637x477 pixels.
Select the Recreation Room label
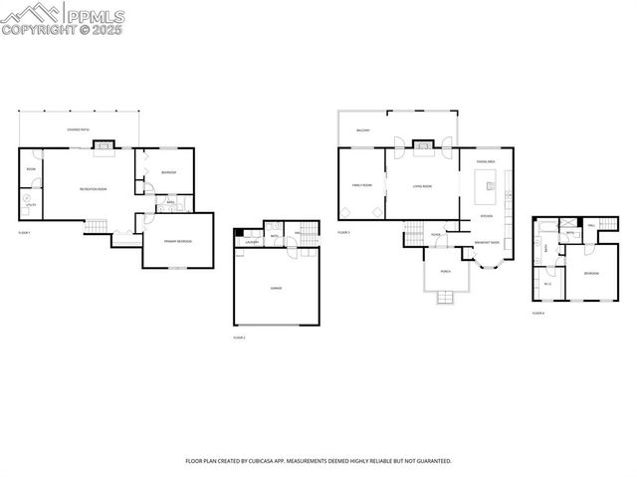point(94,189)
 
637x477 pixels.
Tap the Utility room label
point(30,204)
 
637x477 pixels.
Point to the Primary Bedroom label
point(178,242)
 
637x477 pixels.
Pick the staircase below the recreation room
point(94,228)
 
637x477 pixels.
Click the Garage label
point(276,287)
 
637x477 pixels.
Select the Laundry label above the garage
point(253,241)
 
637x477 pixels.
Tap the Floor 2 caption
point(239,338)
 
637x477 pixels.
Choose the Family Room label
point(361,185)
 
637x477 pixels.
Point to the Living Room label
point(422,185)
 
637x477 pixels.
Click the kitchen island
point(488,181)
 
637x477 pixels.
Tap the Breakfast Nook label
point(487,242)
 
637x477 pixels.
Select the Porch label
point(445,270)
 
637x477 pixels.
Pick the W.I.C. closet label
point(547,284)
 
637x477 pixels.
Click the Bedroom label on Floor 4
point(591,272)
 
